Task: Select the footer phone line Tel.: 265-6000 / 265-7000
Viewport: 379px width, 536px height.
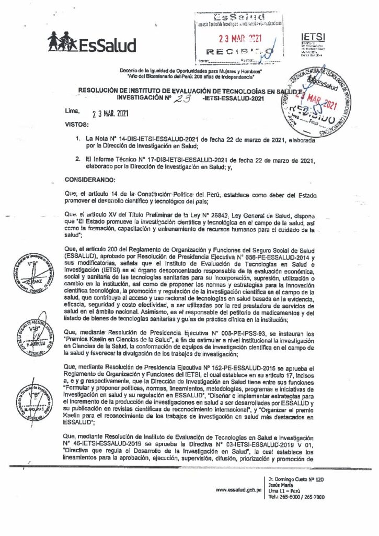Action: click(x=296, y=497)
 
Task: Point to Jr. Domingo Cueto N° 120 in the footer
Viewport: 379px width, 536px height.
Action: click(x=296, y=479)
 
